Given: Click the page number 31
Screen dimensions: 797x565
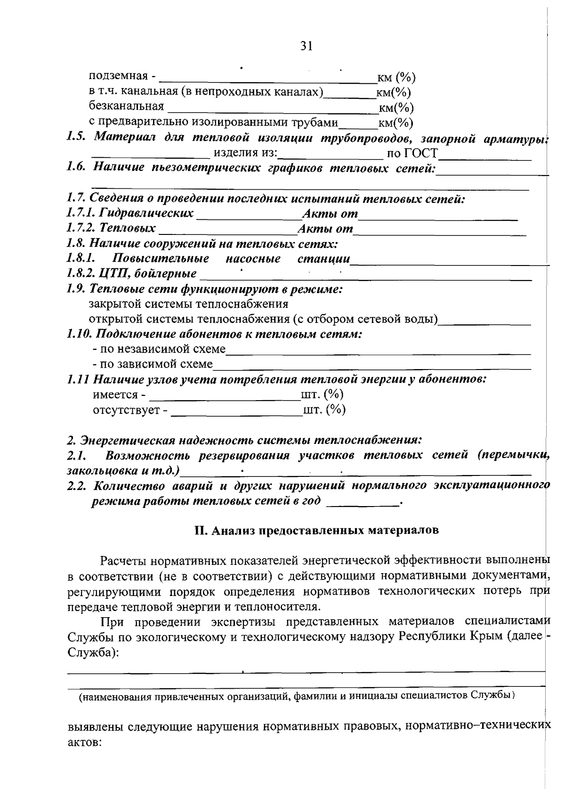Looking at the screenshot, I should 307,46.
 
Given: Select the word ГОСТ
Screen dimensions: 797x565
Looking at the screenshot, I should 419,153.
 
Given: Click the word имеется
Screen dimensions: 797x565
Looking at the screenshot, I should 115,394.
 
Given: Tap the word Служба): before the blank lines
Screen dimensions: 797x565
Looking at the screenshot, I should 92,652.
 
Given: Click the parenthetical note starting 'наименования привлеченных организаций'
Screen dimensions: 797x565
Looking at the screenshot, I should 297,695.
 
